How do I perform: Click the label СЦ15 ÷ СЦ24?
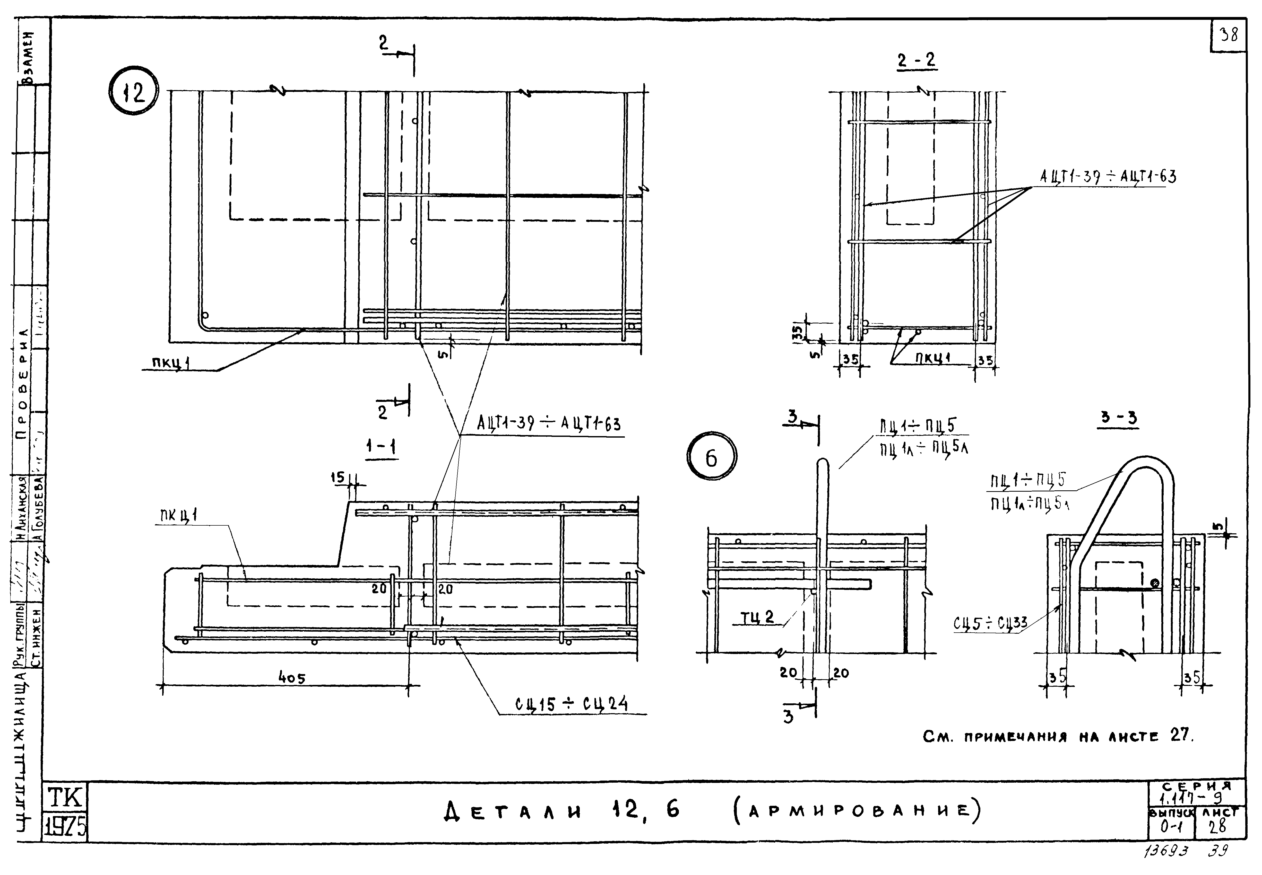coord(571,704)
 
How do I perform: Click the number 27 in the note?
coord(1181,736)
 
